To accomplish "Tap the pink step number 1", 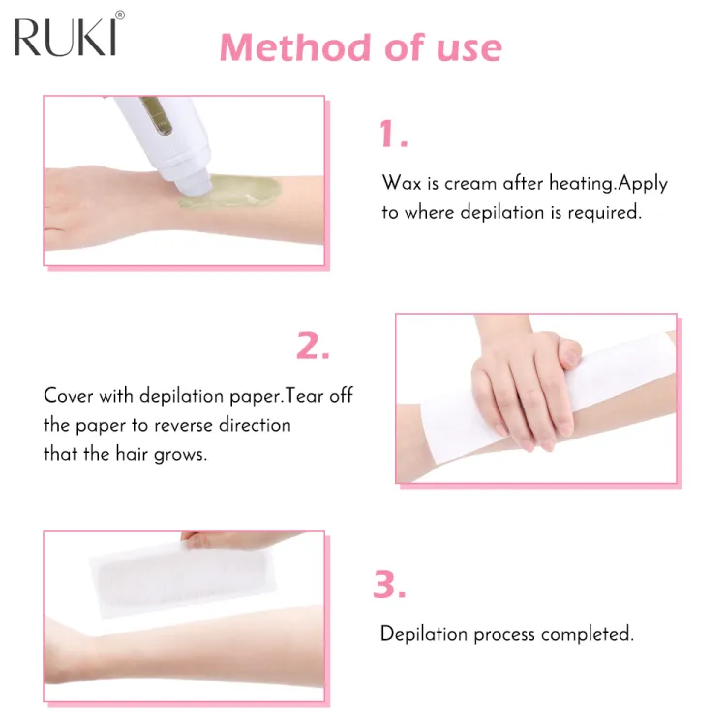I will click(x=392, y=135).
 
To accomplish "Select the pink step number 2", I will click(x=313, y=346).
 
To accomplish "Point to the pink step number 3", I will click(x=389, y=585).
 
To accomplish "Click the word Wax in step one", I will click(x=399, y=183).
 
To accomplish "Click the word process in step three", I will click(x=499, y=635).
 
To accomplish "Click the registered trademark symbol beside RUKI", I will click(x=120, y=15).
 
